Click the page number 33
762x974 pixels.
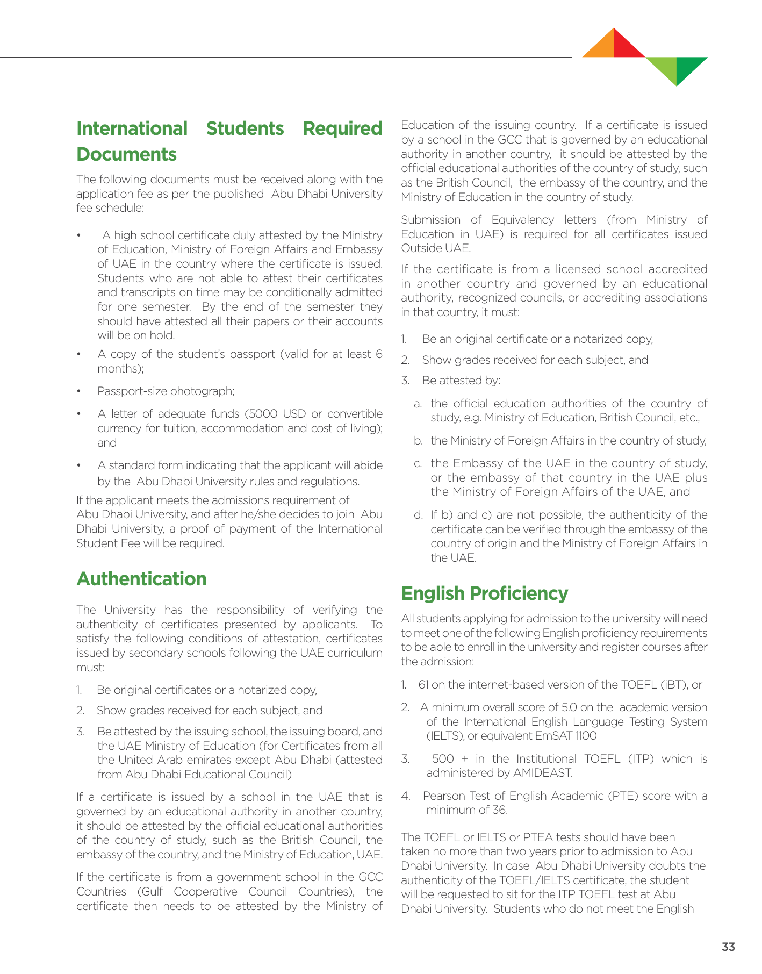728,947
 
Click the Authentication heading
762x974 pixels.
141,579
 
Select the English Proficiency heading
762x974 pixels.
484,593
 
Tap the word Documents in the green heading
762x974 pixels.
126,154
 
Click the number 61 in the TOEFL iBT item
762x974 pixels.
423,685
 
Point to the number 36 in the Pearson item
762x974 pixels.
499,810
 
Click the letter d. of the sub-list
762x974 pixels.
418,515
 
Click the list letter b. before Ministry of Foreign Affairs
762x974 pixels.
418,441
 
